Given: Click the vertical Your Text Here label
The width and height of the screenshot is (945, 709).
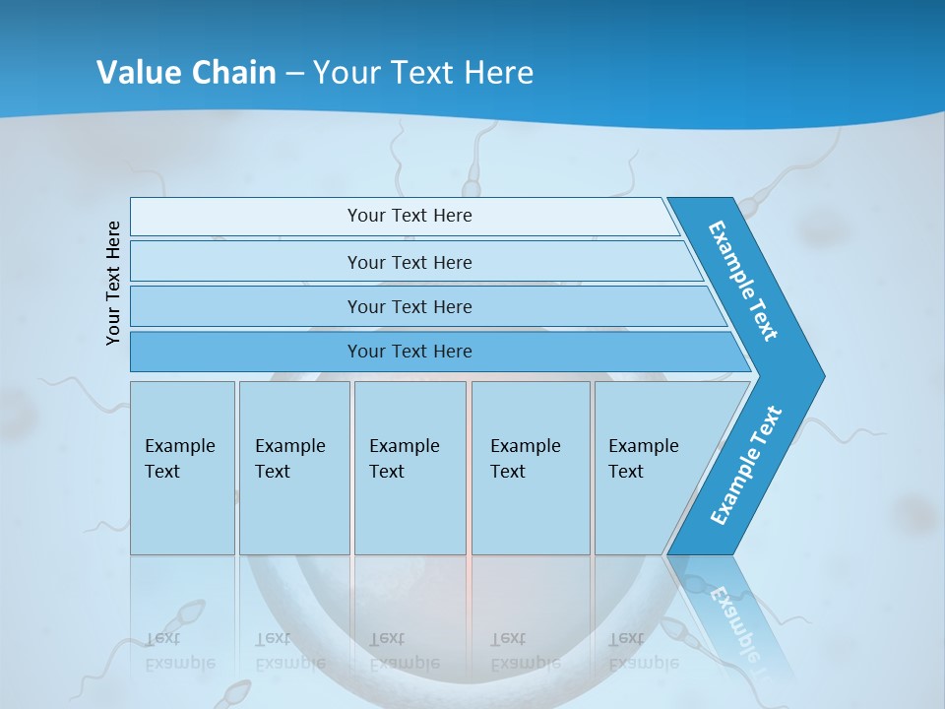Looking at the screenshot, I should click(114, 283).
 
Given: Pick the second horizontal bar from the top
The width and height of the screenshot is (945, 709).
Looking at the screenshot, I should click(409, 262).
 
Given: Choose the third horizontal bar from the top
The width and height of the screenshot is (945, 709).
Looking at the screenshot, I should click(409, 306).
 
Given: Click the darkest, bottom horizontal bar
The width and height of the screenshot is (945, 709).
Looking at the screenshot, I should click(409, 352).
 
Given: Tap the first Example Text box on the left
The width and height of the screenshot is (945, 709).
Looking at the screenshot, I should click(182, 468).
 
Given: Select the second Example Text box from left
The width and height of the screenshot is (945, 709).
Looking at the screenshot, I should click(294, 468).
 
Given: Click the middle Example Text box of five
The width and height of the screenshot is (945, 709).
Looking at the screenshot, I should click(409, 468).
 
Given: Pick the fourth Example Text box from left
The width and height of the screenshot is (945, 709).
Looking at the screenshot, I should click(531, 468).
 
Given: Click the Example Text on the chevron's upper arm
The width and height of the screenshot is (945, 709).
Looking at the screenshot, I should click(743, 282).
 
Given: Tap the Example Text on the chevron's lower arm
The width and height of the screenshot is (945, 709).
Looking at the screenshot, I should click(745, 466).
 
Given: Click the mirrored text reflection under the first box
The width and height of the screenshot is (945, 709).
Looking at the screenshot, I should click(180, 651).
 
